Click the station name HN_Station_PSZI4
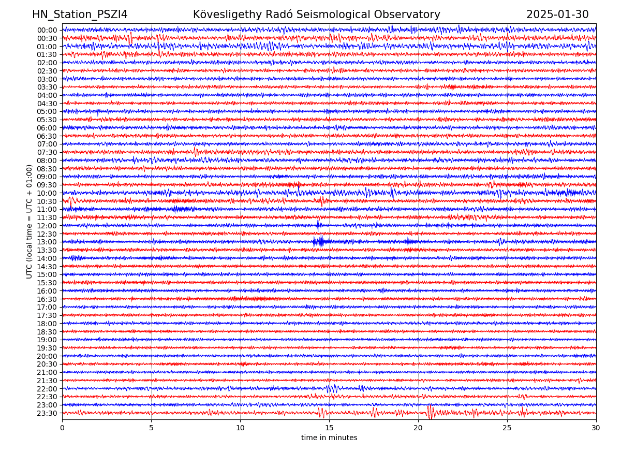click(x=80, y=14)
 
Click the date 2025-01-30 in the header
click(x=557, y=14)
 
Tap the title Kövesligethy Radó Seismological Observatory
click(x=317, y=14)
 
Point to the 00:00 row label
click(x=47, y=30)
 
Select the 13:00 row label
click(x=47, y=242)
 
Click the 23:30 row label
click(x=47, y=413)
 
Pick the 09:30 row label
click(x=47, y=185)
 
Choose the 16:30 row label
click(x=47, y=299)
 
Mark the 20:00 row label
click(x=47, y=356)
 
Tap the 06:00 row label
click(x=47, y=128)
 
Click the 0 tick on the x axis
click(x=62, y=428)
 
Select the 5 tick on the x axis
click(x=151, y=428)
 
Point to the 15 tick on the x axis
click(x=329, y=428)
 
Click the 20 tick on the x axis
click(x=418, y=428)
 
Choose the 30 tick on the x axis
click(x=596, y=428)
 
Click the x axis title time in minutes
click(x=329, y=438)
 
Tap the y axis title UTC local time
click(x=29, y=221)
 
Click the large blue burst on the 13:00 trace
click(x=319, y=241)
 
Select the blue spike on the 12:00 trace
click(x=318, y=225)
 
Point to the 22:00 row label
click(x=47, y=389)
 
